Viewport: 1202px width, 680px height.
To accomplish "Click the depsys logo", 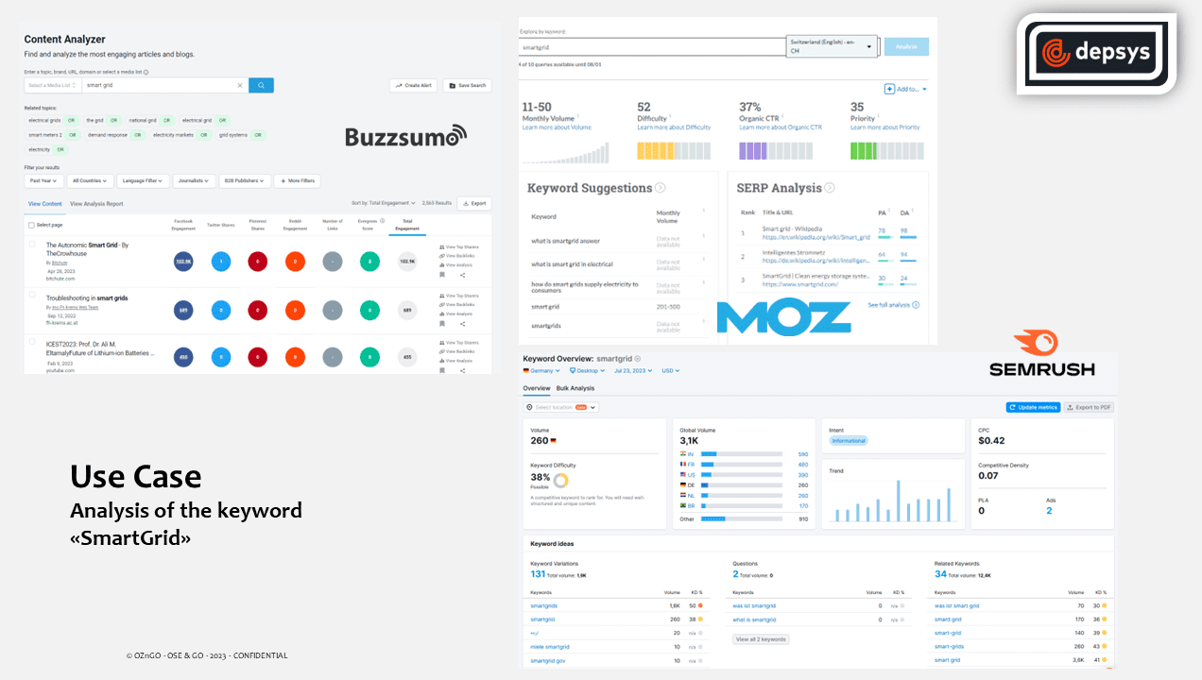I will click(x=1096, y=53).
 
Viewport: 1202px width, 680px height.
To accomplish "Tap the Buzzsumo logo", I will click(x=405, y=137).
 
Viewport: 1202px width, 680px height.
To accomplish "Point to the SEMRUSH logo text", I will click(x=1042, y=369).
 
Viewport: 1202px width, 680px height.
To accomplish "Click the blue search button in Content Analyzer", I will click(x=261, y=85).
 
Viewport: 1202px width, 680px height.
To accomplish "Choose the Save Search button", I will click(x=467, y=85).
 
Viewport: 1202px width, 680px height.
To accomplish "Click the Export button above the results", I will click(x=474, y=203).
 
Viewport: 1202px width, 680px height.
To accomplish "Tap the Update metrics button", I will click(x=1033, y=407).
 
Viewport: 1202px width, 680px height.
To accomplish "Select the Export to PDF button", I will click(x=1089, y=407).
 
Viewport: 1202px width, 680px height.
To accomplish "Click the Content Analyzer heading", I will click(x=64, y=40).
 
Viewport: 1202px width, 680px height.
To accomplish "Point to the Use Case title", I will click(x=135, y=476).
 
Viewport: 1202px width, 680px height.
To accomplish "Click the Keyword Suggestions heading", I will click(x=590, y=188).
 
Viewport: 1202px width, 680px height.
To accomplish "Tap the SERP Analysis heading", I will click(x=780, y=188).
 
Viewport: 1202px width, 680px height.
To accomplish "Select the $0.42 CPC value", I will click(x=991, y=441).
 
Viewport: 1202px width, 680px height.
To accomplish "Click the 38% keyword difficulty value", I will click(x=541, y=477).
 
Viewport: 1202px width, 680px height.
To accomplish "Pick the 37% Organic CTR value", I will click(x=750, y=107).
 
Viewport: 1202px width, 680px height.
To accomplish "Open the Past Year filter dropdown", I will click(x=43, y=180).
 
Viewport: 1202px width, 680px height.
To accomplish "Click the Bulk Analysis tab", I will click(x=575, y=388).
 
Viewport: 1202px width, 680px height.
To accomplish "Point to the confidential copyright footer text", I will click(x=207, y=655).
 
